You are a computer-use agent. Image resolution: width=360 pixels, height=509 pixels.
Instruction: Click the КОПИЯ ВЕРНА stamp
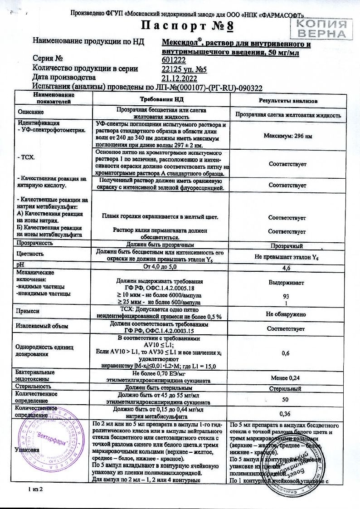[323, 28]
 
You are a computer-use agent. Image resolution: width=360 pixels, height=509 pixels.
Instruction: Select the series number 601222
[174, 59]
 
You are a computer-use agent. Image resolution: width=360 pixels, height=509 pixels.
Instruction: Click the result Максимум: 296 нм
[287, 136]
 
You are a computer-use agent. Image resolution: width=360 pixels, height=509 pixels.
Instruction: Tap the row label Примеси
[28, 312]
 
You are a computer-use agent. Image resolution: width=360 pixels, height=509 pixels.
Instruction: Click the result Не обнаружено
[286, 314]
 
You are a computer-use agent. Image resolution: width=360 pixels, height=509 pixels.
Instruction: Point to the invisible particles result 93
[286, 296]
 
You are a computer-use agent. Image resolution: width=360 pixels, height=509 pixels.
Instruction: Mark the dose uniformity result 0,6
[286, 353]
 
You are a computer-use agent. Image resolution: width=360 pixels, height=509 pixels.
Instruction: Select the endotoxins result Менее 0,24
[286, 377]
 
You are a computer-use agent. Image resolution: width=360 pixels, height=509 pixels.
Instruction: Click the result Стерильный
[286, 389]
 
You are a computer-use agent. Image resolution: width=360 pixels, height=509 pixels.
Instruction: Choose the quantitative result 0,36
[286, 413]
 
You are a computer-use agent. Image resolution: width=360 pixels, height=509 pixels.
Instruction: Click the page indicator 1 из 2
[34, 489]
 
